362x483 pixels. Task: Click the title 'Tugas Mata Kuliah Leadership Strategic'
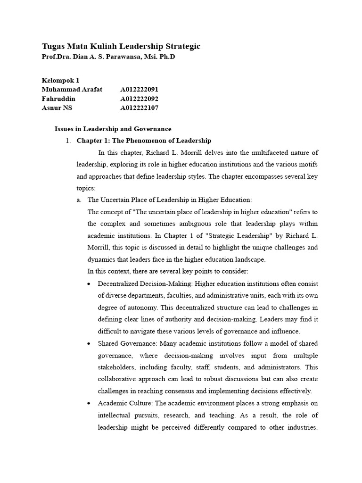click(x=121, y=46)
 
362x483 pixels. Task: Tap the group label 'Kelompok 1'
click(x=60, y=81)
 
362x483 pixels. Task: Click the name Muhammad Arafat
click(x=72, y=90)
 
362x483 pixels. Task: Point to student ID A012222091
click(x=140, y=90)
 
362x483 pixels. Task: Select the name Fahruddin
click(x=58, y=99)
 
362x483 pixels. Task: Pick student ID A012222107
click(x=140, y=108)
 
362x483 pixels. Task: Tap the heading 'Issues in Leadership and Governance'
click(x=113, y=129)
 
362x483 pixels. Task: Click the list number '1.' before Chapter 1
click(x=68, y=141)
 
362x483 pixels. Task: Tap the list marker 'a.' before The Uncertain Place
click(x=79, y=200)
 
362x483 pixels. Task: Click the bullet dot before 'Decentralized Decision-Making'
click(x=90, y=284)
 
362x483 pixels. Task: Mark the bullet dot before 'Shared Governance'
click(x=90, y=343)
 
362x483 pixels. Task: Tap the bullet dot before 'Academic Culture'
click(x=90, y=403)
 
